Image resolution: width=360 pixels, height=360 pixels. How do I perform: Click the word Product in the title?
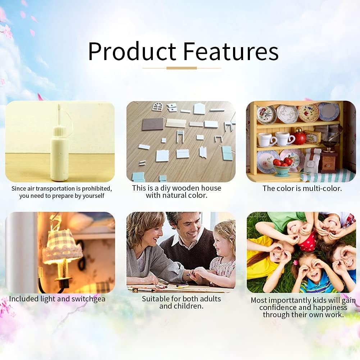click(x=132, y=51)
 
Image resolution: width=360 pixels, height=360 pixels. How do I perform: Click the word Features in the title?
click(x=231, y=51)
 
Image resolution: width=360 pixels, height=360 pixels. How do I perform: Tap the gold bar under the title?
click(x=182, y=68)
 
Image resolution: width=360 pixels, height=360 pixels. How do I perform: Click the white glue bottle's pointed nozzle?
click(x=59, y=115)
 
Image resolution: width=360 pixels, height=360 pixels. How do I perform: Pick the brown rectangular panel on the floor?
click(x=152, y=124)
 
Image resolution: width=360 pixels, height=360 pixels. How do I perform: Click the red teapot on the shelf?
click(x=299, y=136)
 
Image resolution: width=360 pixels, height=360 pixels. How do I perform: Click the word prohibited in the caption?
click(x=97, y=188)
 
